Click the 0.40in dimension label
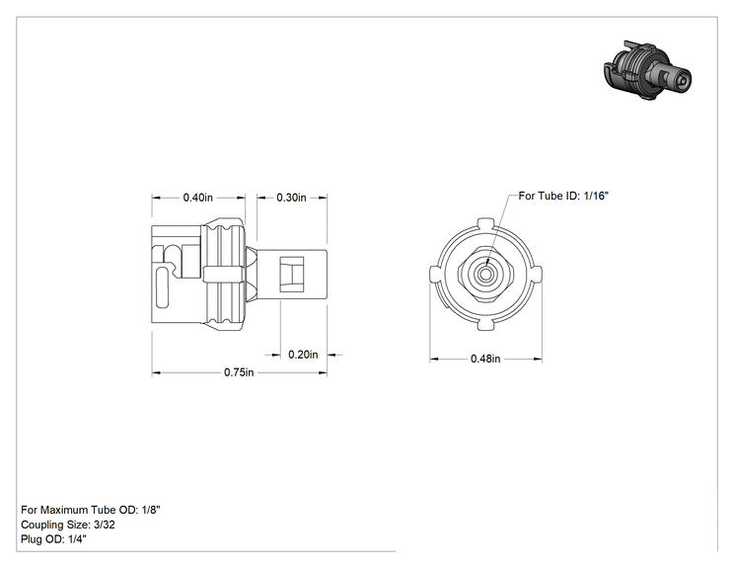[197, 198]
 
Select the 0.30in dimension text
[291, 198]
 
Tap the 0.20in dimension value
[303, 355]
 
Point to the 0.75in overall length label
[239, 372]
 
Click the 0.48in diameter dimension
[485, 359]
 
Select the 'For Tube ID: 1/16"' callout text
[563, 196]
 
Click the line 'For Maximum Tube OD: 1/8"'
[91, 510]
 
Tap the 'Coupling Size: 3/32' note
[68, 525]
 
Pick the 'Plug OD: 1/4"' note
[54, 539]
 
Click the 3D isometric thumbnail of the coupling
[648, 70]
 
